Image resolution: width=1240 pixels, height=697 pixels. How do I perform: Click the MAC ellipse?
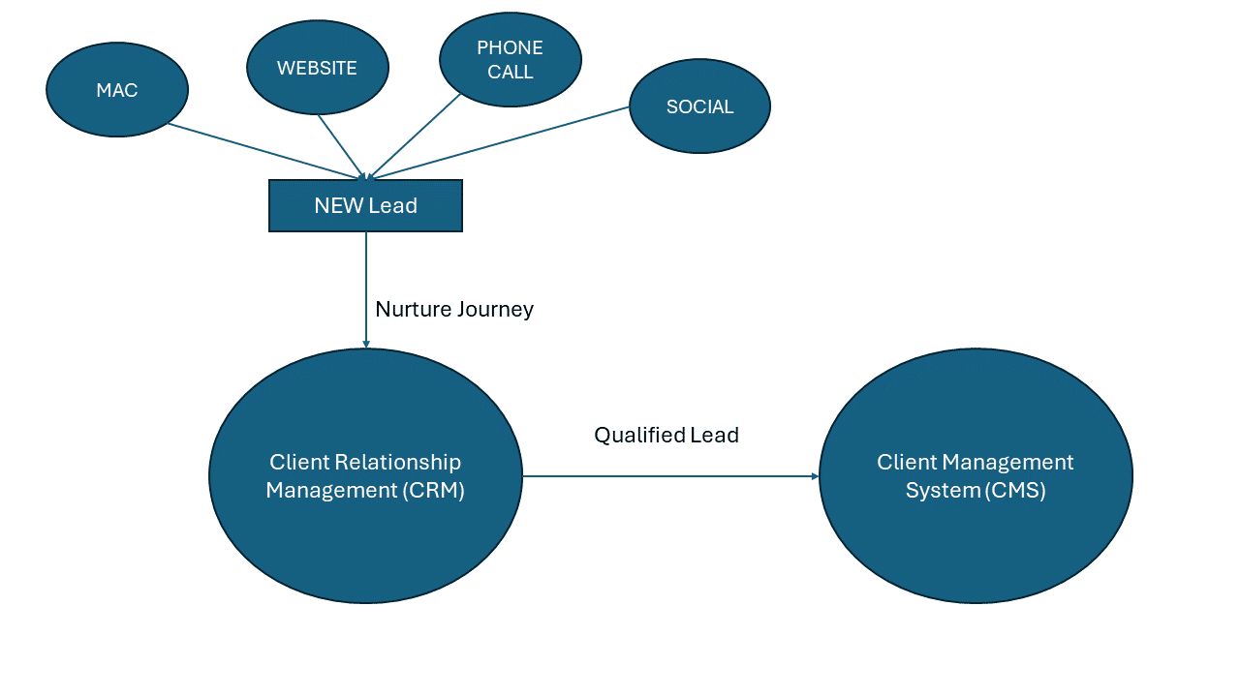[x=117, y=90]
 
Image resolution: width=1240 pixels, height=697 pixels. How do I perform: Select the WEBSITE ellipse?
[x=318, y=68]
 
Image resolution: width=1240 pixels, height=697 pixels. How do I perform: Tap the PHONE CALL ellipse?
[x=511, y=60]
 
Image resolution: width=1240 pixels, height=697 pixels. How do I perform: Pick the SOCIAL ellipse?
[x=699, y=106]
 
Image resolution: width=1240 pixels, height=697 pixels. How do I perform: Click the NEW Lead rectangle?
[x=365, y=205]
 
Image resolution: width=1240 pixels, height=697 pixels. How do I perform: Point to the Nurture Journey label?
[x=454, y=309]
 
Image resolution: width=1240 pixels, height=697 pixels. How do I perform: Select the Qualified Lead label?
[x=666, y=435]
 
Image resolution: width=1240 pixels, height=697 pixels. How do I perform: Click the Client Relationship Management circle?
[x=365, y=475]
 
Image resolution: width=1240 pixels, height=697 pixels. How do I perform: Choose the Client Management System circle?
[x=976, y=475]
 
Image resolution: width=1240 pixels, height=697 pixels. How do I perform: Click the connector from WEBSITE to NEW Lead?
[x=341, y=146]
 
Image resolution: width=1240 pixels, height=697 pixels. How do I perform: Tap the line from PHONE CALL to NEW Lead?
[x=415, y=136]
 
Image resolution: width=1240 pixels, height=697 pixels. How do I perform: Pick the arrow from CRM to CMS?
[x=668, y=476]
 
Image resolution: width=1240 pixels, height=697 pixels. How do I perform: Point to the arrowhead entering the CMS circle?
[x=815, y=476]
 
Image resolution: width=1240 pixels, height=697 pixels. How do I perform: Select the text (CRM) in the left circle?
[x=434, y=490]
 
